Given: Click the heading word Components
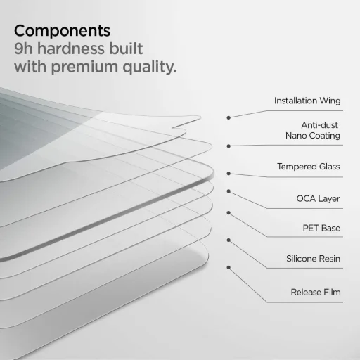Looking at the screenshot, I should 62,31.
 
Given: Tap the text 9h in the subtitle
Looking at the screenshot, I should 25,49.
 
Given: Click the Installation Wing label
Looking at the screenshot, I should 307,101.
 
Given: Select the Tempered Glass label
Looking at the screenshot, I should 309,167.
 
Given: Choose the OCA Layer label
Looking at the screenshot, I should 318,198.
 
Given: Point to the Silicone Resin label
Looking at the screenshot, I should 314,259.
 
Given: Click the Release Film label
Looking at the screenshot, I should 315,291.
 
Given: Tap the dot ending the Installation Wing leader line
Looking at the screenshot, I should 229,117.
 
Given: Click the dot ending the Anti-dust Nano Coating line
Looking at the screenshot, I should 229,146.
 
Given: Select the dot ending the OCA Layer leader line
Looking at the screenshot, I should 229,191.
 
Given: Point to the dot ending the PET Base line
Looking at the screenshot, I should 229,211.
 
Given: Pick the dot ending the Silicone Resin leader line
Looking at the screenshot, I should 229,240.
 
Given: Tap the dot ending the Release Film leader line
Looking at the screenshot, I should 229,266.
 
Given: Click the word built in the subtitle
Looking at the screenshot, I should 127,49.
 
